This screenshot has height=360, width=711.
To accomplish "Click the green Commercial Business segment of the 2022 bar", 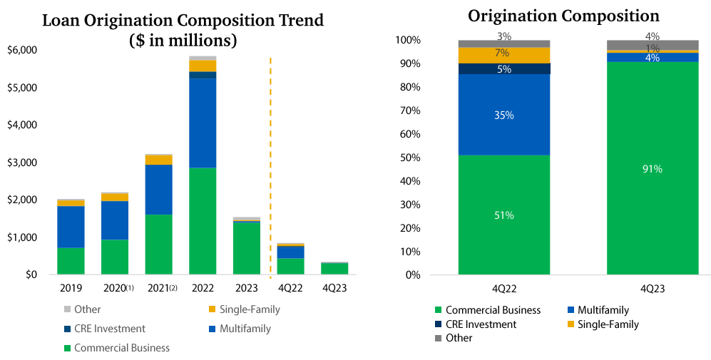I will click(203, 221).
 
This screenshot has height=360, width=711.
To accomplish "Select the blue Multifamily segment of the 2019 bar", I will click(71, 227).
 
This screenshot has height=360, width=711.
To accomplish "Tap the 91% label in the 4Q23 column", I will click(652, 169).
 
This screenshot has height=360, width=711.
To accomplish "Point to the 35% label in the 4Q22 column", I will click(503, 115).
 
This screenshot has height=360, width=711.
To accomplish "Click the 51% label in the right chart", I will click(503, 215).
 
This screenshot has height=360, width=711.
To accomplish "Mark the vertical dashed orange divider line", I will click(270, 164).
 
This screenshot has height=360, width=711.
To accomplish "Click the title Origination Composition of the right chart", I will click(563, 16).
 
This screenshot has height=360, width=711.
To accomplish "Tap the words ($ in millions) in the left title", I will click(183, 40).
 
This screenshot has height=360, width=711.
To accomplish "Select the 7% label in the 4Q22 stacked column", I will click(503, 53).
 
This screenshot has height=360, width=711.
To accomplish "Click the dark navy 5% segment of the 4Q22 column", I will click(503, 68).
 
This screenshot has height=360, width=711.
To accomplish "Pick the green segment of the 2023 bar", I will click(246, 249).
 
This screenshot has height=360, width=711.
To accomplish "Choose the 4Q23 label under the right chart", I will click(652, 287).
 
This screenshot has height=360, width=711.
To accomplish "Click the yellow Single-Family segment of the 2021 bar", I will click(158, 160).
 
